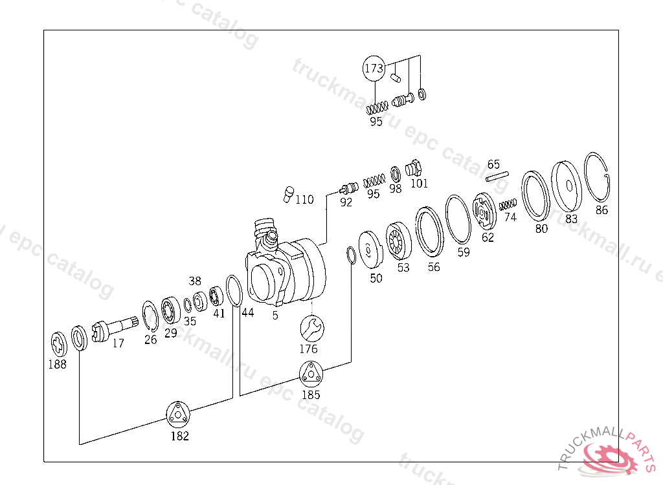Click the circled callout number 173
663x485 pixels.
tap(374, 68)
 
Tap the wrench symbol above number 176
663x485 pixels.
tap(312, 329)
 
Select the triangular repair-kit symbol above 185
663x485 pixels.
tap(311, 374)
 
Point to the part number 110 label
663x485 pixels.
tap(304, 199)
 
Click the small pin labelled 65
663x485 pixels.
tap(497, 176)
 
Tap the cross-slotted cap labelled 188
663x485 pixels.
tap(59, 344)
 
